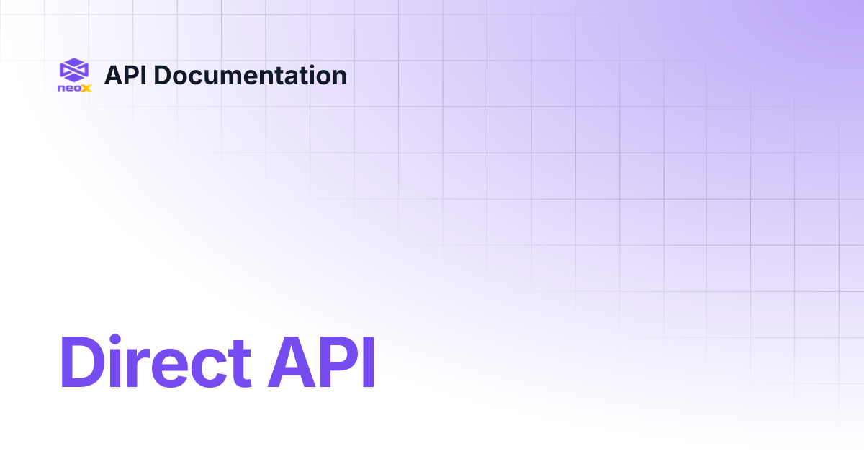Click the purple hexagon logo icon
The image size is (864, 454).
(x=74, y=70)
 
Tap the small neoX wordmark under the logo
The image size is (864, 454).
(x=74, y=89)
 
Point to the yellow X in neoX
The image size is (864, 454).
(x=86, y=89)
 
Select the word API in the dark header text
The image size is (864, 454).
(x=127, y=75)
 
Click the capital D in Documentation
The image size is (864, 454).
(x=163, y=75)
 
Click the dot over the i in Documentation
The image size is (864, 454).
(x=307, y=66)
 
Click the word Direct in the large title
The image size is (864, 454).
(x=156, y=362)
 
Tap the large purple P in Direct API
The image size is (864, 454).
(x=337, y=362)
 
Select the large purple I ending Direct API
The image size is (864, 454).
(x=369, y=362)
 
